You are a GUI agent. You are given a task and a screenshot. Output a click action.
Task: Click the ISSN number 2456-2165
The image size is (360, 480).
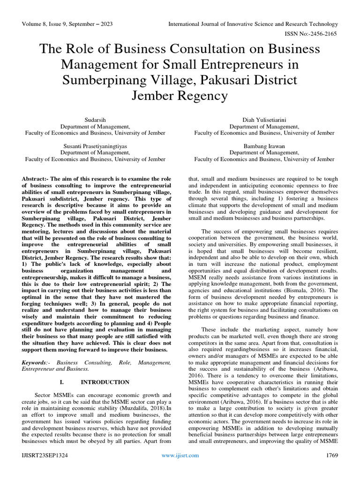click(x=323, y=34)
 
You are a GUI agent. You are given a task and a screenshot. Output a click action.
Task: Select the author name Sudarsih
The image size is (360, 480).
click(x=95, y=120)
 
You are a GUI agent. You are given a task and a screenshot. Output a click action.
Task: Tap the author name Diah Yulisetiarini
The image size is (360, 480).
click(x=264, y=120)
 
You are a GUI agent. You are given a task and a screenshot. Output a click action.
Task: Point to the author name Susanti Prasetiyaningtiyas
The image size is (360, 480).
click(x=95, y=147)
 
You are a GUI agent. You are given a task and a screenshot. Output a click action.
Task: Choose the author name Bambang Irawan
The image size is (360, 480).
click(x=264, y=147)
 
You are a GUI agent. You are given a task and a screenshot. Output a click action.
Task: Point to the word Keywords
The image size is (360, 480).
click(x=34, y=362)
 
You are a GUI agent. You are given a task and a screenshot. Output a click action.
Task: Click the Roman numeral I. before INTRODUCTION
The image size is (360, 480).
click(x=63, y=382)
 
